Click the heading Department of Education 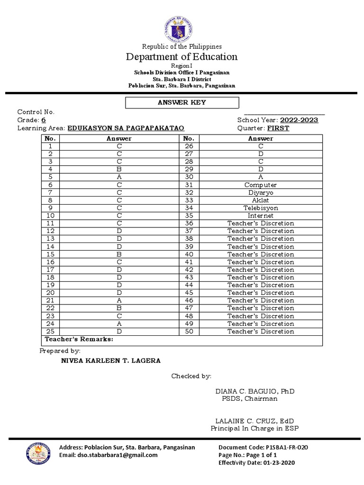[182, 57]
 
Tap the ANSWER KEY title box [182, 102]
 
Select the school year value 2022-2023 [299, 120]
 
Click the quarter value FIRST [278, 128]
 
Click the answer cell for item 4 [119, 170]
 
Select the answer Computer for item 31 [260, 185]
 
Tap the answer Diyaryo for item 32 [260, 193]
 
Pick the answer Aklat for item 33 [260, 200]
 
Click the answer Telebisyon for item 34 [260, 208]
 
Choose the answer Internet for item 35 [260, 216]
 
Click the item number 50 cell [189, 332]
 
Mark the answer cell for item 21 [119, 301]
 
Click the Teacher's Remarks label [79, 340]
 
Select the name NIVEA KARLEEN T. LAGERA [111, 360]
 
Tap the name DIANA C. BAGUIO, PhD [255, 391]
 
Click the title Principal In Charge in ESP [254, 429]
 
